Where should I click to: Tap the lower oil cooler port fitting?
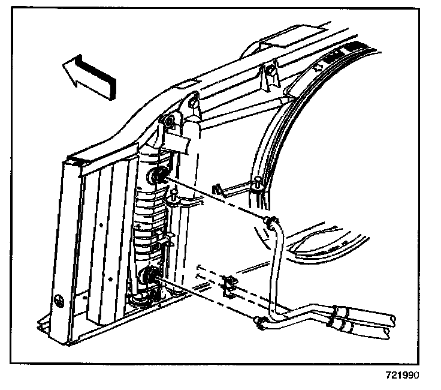click(x=148, y=277)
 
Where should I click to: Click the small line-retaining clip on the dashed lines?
click(x=228, y=284)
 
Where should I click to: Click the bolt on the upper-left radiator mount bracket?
click(x=169, y=122)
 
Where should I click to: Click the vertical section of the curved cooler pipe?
click(x=274, y=270)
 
